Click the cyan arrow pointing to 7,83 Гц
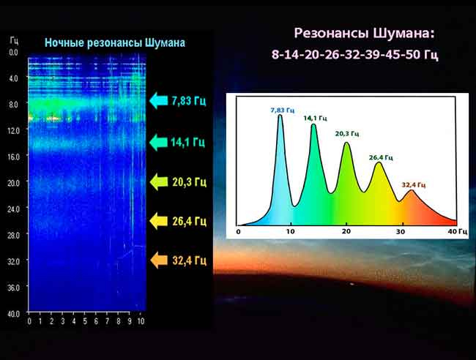158,101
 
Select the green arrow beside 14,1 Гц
158,142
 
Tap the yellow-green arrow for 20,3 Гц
158,181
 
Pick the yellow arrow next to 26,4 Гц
158,220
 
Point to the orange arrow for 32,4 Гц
158,260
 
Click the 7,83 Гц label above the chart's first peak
282,110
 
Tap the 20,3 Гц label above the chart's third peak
348,134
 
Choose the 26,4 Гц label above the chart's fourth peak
381,157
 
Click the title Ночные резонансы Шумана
115,43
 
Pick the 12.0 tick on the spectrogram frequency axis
12,130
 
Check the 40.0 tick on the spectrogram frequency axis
12,314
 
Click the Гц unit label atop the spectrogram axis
14,37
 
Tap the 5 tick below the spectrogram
85,321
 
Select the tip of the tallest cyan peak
280,116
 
